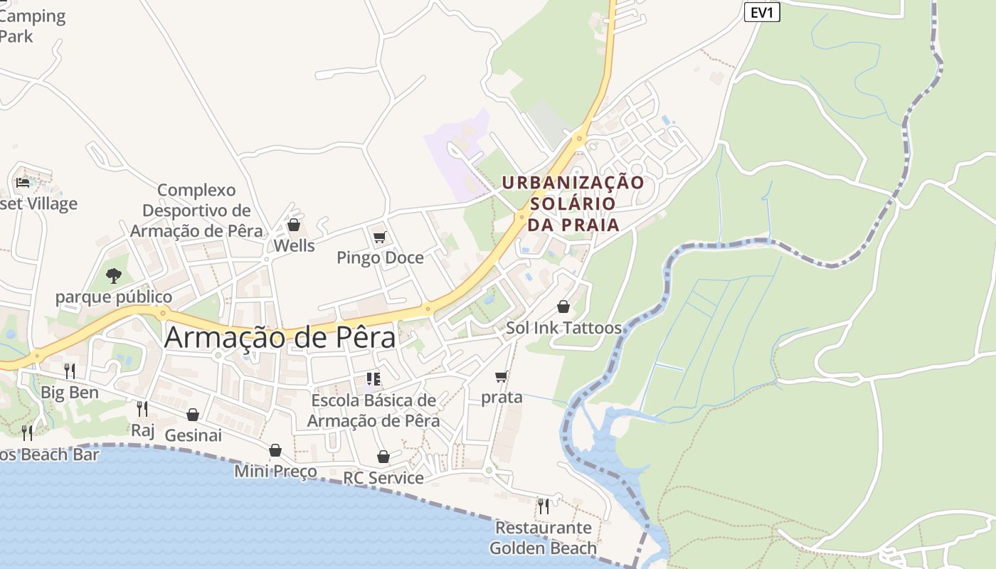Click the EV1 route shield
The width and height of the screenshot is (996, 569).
coord(762,12)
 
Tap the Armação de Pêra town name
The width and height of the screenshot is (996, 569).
coord(280,337)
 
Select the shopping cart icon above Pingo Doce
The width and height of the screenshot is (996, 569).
coord(379,237)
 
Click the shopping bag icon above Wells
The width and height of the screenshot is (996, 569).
coord(293,225)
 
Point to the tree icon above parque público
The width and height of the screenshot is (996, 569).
coord(113,275)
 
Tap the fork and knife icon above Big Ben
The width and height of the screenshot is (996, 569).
coord(70,371)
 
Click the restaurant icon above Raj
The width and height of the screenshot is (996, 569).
coord(142,408)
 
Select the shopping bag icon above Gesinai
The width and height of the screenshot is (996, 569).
coord(193,414)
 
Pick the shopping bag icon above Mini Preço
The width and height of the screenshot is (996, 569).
coord(275,450)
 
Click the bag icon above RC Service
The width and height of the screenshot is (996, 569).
coord(383,456)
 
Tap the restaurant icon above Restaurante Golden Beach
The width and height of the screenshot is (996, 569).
coord(544,506)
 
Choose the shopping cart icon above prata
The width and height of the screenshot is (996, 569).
coord(502,376)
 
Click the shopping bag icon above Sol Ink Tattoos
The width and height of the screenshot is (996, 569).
coord(563,307)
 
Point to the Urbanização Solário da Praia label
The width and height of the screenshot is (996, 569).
coord(573,203)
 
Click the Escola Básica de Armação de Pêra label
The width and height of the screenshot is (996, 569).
coord(373,410)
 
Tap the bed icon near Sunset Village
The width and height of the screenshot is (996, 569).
coord(23,183)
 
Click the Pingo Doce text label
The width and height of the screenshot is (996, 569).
coord(380,257)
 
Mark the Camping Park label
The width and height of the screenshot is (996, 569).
coord(32,26)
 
